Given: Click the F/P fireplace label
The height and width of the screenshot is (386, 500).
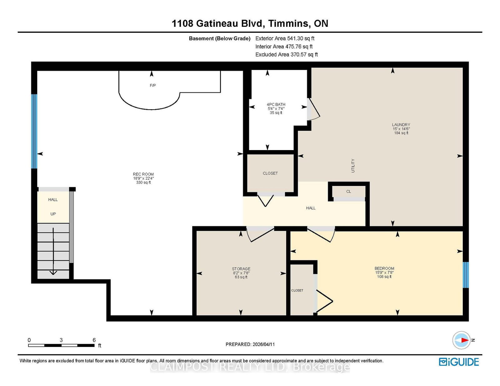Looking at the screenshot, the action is point(153,86).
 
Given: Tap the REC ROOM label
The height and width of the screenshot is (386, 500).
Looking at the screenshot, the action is point(143,174).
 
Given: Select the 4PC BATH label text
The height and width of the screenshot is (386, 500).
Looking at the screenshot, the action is point(276,105).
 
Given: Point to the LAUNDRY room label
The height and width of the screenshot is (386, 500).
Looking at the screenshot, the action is point(401,125).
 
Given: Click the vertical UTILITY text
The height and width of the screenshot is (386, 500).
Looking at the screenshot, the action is point(353,166).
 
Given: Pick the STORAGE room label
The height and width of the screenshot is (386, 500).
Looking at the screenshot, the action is point(241,269).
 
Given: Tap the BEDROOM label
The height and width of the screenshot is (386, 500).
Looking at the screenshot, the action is point(384,268).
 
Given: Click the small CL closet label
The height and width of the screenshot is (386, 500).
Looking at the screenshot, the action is point(349,191).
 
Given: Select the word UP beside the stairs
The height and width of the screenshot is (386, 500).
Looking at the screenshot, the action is point(53,214).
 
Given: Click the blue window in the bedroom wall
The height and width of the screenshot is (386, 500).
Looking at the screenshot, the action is point(466,275).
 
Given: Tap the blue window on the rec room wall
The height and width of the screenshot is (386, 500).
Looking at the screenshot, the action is point(34,131).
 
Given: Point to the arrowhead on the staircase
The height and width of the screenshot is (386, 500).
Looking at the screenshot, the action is point(53,272).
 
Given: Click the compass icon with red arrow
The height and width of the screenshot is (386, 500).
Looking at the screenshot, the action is point(461,340).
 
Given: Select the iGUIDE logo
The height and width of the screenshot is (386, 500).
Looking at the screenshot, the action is point(459,362).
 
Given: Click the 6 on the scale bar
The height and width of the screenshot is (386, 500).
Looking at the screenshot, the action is point(94,340).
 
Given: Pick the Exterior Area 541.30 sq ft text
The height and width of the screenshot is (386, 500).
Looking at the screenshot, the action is point(285,38).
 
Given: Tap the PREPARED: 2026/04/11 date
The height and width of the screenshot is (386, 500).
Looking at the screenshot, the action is point(250,344).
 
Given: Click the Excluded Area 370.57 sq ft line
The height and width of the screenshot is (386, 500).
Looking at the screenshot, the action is point(287,55).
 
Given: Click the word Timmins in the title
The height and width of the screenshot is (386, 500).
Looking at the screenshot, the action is point(288,23).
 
